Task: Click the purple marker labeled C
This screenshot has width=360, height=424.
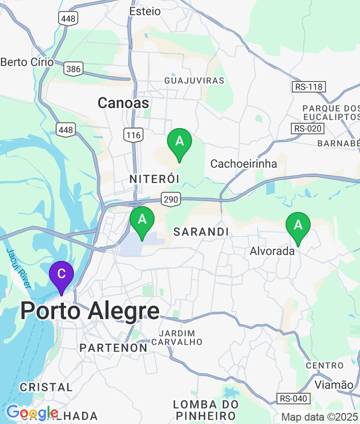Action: (x=61, y=275)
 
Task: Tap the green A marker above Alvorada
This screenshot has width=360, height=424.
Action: (x=298, y=225)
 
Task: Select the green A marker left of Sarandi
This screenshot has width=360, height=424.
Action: (x=142, y=220)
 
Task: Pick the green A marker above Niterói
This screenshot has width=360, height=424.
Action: (x=180, y=142)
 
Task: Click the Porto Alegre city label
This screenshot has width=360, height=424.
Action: (x=90, y=312)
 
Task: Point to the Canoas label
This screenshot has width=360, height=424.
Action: (x=123, y=103)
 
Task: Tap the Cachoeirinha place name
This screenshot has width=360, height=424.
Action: (x=244, y=164)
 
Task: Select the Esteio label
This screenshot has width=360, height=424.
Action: (x=145, y=11)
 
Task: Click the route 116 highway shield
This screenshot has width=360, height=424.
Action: (x=133, y=135)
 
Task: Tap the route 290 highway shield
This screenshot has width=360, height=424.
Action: (x=170, y=199)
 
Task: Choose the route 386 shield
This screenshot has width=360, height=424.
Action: (x=73, y=69)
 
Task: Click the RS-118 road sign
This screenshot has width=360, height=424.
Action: (x=309, y=87)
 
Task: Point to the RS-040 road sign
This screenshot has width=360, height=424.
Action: (x=294, y=398)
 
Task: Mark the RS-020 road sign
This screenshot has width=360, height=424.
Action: (x=309, y=129)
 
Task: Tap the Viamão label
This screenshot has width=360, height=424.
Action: (x=334, y=384)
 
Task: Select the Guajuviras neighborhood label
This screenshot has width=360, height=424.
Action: (x=194, y=81)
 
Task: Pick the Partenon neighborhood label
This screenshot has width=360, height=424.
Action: (x=114, y=348)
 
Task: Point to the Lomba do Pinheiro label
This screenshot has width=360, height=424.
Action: (x=205, y=409)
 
